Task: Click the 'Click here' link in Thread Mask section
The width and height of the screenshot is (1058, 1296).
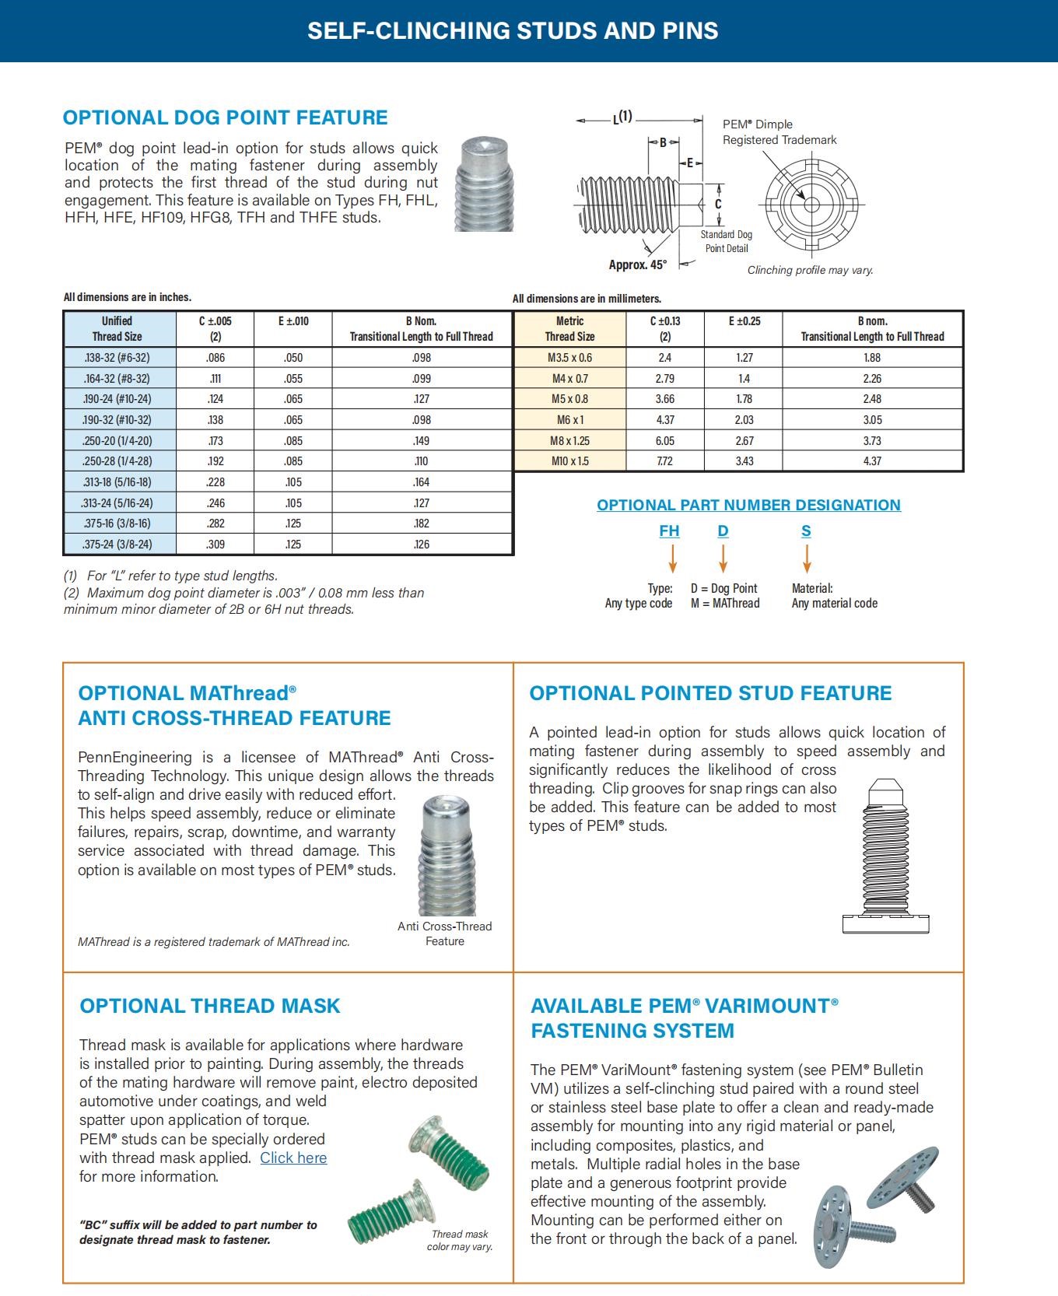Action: [x=293, y=1158]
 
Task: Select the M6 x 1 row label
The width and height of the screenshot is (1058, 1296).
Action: [x=569, y=420]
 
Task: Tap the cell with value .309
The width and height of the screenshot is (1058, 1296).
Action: [x=215, y=545]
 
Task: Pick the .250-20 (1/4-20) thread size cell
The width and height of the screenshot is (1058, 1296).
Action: [x=117, y=441]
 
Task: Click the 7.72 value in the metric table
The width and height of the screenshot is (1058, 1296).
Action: [x=664, y=461]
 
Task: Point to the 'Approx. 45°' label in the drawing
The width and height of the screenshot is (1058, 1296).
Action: [x=637, y=265]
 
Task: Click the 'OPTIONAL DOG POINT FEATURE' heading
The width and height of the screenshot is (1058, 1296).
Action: [x=225, y=117]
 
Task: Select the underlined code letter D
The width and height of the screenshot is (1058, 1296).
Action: [x=723, y=531]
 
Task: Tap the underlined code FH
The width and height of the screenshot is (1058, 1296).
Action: [x=669, y=531]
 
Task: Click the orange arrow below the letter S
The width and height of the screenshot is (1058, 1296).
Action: [x=807, y=558]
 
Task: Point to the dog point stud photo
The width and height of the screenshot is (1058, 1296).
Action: [x=484, y=184]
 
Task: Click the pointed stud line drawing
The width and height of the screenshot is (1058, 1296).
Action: [x=885, y=856]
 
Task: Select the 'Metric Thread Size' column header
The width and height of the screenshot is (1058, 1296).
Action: [x=569, y=328]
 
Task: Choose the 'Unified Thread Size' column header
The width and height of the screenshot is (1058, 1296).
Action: [x=117, y=328]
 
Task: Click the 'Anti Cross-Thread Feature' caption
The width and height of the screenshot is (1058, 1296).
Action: [x=444, y=933]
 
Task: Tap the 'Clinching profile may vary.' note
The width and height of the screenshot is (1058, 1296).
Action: [x=810, y=270]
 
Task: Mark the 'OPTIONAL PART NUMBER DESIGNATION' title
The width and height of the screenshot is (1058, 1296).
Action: [x=748, y=505]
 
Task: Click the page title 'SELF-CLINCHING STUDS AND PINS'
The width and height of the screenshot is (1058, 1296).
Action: [x=513, y=30]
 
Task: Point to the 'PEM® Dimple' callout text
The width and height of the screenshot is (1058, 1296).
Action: [x=758, y=124]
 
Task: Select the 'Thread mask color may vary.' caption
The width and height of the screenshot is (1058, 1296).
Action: [x=460, y=1240]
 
